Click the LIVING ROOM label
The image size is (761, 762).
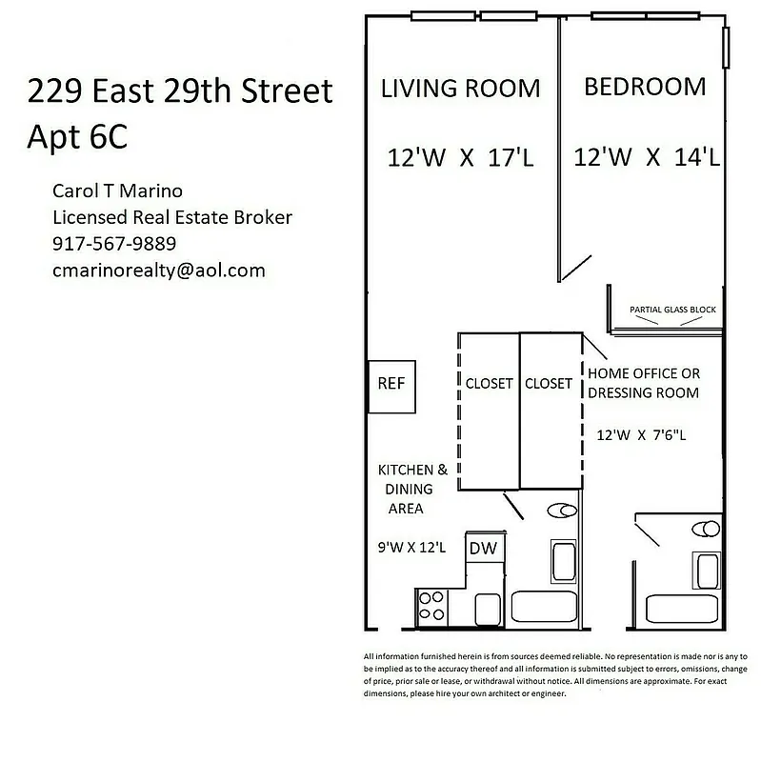460,89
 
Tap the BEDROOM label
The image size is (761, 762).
645,87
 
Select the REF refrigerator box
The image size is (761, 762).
392,386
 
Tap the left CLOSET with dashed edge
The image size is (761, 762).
490,384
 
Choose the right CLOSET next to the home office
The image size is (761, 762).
549,384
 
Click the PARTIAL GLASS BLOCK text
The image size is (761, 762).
672,310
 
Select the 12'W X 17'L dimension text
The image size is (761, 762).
461,158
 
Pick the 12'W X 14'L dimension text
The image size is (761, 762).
646,157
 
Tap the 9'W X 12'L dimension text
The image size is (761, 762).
412,548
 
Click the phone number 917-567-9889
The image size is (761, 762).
114,244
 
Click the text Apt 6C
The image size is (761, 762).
76,137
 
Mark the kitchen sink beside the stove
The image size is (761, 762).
488,608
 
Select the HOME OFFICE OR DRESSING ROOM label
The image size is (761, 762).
644,383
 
